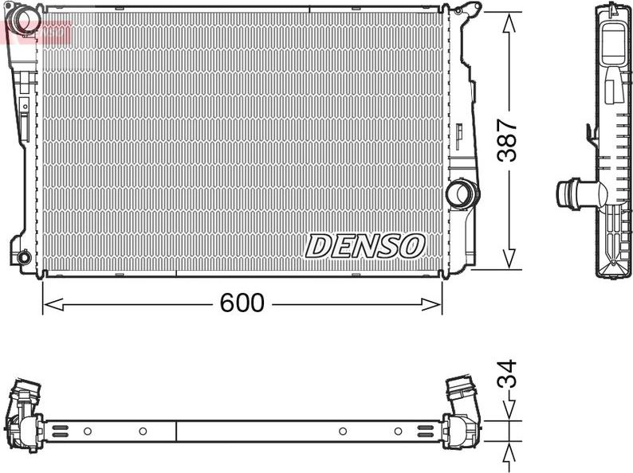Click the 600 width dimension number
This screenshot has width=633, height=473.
coord(242,303)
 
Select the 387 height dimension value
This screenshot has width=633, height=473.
coord(508,140)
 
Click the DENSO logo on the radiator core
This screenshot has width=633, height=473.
coord(365,246)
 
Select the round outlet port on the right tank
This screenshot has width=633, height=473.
coord(462,192)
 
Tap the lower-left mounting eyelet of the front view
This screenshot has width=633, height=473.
coord(23,257)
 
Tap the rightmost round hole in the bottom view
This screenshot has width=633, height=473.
coord(398,431)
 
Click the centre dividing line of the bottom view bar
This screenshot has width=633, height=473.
coord(175,431)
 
